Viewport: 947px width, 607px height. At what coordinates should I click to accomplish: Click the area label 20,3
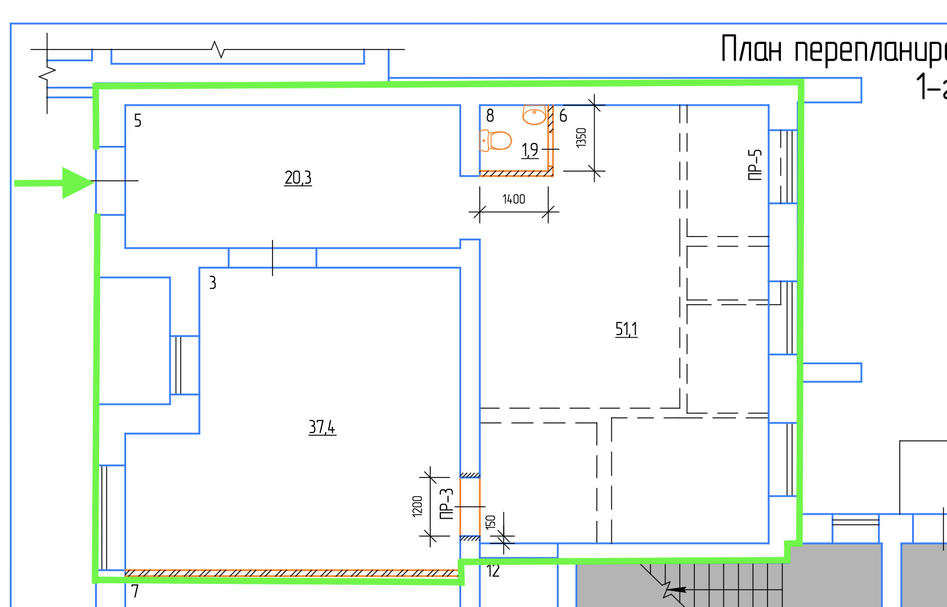(298, 178)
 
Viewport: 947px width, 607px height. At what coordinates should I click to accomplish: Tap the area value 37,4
(321, 427)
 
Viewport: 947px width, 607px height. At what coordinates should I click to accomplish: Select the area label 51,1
(626, 329)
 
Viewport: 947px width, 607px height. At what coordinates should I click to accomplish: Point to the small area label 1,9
(530, 150)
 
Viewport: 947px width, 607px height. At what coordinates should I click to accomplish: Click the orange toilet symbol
(495, 140)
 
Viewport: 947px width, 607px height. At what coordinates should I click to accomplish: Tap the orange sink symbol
(534, 114)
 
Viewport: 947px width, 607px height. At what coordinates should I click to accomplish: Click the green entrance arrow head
(76, 182)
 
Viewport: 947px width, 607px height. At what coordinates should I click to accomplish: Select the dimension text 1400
(513, 199)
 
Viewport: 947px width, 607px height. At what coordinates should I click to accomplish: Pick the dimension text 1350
(581, 137)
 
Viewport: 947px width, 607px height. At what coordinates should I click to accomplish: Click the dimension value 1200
(417, 506)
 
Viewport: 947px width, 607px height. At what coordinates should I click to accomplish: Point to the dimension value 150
(490, 522)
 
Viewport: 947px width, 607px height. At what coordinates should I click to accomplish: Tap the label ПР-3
(446, 503)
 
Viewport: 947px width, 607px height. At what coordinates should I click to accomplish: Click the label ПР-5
(754, 164)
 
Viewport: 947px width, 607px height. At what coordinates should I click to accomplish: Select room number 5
(137, 120)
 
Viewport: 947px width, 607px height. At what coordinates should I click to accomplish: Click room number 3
(212, 283)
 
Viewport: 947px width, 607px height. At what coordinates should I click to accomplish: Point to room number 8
(490, 115)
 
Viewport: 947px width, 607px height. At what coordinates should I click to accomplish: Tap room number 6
(563, 115)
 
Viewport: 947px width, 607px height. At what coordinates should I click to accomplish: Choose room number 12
(493, 571)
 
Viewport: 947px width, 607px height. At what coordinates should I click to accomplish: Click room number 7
(135, 591)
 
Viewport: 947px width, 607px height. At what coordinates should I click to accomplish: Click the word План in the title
(751, 50)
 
